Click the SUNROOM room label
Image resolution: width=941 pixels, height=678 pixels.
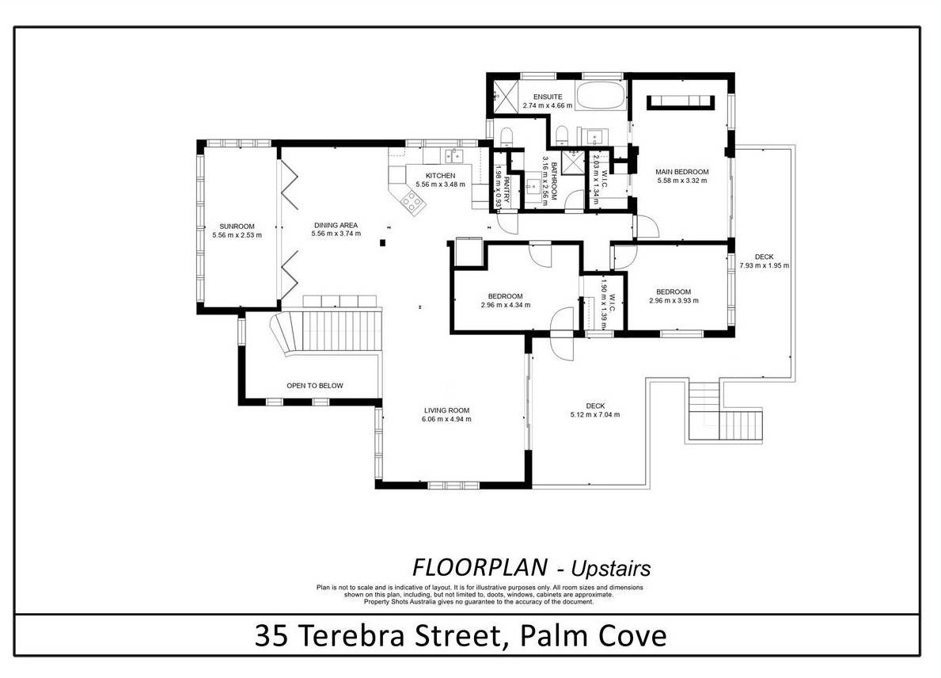pos(237,227)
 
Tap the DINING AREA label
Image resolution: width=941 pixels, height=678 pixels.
pos(336,225)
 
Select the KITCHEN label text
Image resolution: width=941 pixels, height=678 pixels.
pos(441,175)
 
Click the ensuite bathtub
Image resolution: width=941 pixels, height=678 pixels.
pos(600,95)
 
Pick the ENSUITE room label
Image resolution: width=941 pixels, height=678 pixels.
pos(548,97)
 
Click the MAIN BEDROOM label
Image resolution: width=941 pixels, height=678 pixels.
pos(681,172)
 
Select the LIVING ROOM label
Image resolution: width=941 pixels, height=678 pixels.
pos(446,411)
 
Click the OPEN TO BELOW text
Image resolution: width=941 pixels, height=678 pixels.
pos(315,386)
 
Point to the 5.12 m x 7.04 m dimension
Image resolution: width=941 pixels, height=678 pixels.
pos(595,414)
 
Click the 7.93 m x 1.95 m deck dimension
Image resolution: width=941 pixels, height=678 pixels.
pos(764,265)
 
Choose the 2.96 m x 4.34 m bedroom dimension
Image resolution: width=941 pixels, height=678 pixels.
pos(505,304)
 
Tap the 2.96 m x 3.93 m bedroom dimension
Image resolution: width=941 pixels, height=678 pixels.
pos(673,300)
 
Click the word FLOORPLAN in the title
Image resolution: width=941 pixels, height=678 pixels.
pos(480,567)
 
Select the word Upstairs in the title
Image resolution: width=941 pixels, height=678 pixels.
pos(610,568)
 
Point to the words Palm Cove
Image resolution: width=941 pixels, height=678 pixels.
pos(593,636)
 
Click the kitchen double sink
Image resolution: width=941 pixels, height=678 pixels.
pos(453,156)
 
